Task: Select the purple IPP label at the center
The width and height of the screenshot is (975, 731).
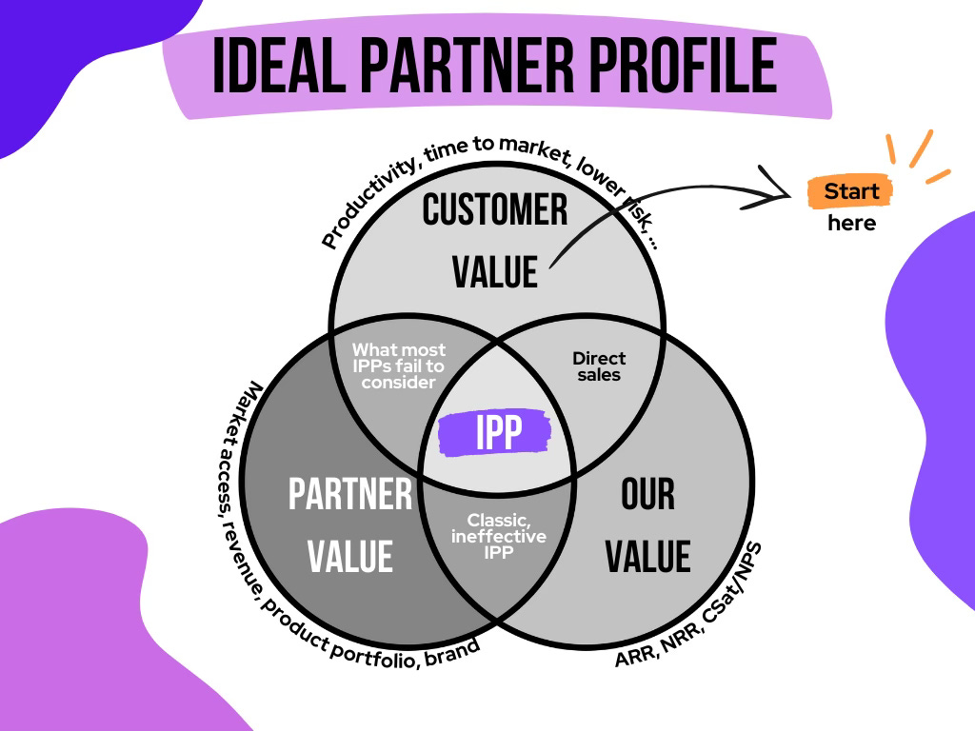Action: pos(495,433)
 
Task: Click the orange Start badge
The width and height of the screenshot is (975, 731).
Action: pos(850,191)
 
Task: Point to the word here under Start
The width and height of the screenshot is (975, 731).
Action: pos(850,224)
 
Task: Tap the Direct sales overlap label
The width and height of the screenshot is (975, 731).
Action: pos(599,366)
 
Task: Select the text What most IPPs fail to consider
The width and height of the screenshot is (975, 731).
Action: pos(398,366)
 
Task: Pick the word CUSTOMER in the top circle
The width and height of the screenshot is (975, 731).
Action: pos(495,209)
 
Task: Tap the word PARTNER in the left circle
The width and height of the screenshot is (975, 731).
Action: pos(350,495)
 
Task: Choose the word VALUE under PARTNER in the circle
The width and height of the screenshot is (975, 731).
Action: pos(350,554)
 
